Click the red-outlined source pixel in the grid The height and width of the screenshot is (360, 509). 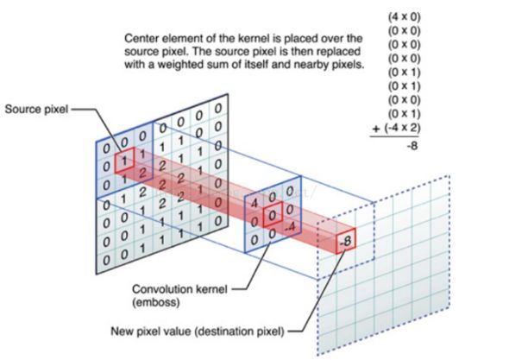click(x=124, y=160)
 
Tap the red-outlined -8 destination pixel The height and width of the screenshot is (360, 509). click(x=346, y=241)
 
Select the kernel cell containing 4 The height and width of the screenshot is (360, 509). click(x=255, y=203)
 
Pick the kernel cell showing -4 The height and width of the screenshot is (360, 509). click(x=290, y=226)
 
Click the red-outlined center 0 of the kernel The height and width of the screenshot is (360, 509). click(x=273, y=214)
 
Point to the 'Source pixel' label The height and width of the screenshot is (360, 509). click(x=36, y=109)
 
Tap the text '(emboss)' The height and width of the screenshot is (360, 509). click(x=156, y=302)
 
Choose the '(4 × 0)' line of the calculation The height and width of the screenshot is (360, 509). click(x=404, y=16)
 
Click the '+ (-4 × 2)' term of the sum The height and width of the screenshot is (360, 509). click(x=396, y=128)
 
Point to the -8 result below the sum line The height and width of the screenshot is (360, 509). click(x=412, y=146)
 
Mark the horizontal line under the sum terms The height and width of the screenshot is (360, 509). click(x=394, y=136)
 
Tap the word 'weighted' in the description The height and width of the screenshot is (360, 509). click(x=181, y=65)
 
